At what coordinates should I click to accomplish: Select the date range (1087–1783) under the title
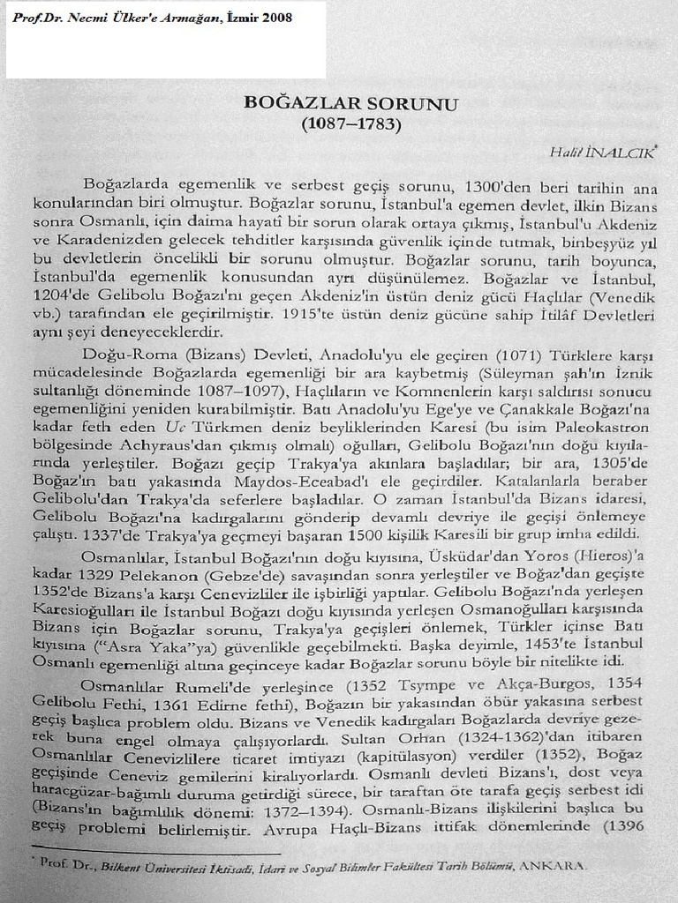351,124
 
